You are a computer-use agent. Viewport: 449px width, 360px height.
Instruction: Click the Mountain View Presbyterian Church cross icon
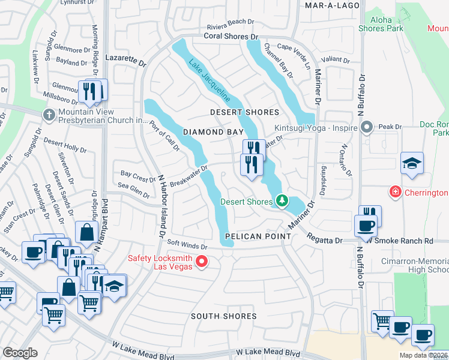pos(48,113)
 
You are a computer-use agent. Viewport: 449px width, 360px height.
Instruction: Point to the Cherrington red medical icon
pos(395,193)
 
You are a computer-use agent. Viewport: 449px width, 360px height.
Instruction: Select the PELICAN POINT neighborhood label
pos(258,236)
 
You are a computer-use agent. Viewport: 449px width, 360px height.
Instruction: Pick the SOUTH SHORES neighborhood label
pos(223,316)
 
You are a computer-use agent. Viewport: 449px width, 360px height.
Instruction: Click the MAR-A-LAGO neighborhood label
pos(332,5)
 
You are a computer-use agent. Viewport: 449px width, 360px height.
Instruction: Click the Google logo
pos(19,353)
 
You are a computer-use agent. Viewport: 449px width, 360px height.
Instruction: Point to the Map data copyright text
pos(423,355)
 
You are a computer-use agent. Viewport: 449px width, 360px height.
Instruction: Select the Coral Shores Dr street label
pos(226,37)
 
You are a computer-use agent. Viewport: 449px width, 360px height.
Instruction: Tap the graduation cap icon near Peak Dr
pos(412,163)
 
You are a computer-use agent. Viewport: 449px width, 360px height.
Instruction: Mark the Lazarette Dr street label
pos(125,62)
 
